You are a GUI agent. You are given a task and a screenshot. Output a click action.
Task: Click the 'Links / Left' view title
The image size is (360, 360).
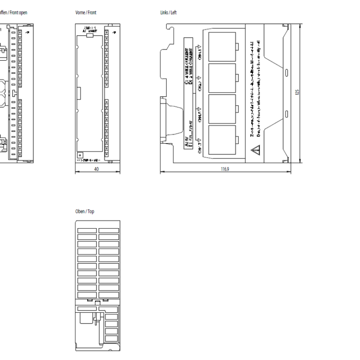168,13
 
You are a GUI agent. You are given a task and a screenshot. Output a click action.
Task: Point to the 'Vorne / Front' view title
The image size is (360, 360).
85,13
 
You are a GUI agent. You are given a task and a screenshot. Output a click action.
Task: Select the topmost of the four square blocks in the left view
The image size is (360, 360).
222,45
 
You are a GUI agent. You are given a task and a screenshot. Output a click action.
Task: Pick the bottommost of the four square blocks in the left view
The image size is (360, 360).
222,139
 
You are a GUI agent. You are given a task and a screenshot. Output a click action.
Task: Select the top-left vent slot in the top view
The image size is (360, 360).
87,230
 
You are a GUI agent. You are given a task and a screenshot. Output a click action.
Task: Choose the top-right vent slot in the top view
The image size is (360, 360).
108,230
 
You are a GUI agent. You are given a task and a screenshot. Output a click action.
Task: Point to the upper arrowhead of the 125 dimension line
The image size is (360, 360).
300,26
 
